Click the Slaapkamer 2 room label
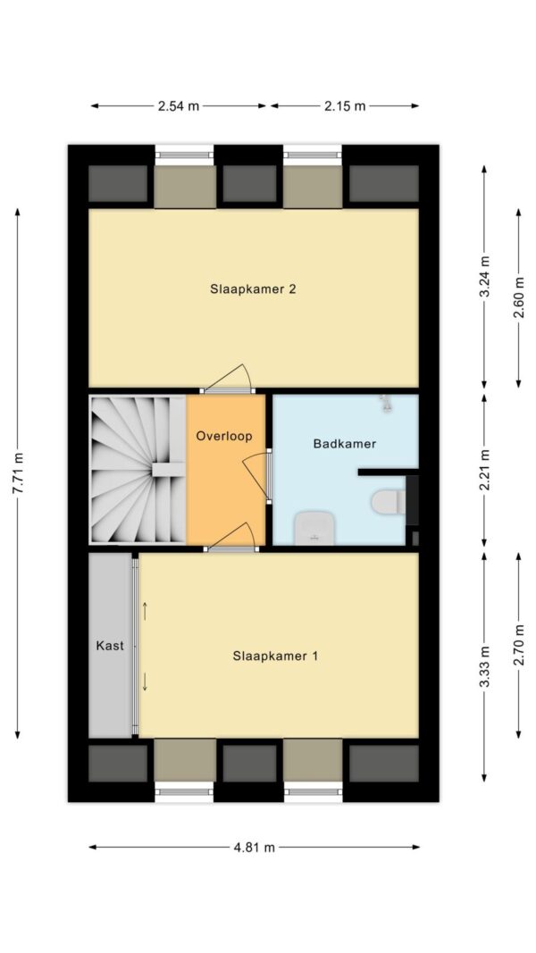[254, 288]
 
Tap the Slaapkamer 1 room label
[275, 656]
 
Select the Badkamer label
[345, 444]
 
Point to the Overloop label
[223, 437]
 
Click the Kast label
[110, 646]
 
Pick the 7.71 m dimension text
[18, 473]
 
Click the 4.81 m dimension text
[255, 848]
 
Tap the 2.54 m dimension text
[179, 105]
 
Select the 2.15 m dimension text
[345, 105]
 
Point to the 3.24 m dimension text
[485, 276]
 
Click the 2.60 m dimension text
[518, 297]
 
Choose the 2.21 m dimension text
[485, 471]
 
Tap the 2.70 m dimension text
[518, 646]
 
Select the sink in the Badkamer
[314, 528]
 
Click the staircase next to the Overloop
[138, 469]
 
